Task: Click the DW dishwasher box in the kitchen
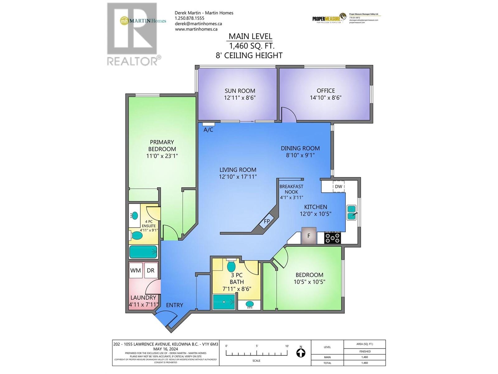[x=338, y=187]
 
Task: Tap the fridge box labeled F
[x=309, y=236]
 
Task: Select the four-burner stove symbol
[x=333, y=238]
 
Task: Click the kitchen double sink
[x=352, y=213]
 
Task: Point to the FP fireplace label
[x=267, y=221]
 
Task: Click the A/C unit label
[x=208, y=130]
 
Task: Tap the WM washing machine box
[x=135, y=270]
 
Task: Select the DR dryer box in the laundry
[x=151, y=270]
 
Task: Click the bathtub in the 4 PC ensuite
[x=143, y=252]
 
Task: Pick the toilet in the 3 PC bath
[x=231, y=266]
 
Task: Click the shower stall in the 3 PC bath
[x=224, y=302]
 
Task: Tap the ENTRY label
[x=174, y=305]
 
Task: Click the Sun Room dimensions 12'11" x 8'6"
[x=240, y=98]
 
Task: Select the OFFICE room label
[x=326, y=91]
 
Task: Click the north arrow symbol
[x=301, y=353]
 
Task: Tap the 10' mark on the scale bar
[x=287, y=346]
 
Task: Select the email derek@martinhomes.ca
[x=198, y=24]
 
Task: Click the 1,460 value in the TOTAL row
[x=364, y=363]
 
